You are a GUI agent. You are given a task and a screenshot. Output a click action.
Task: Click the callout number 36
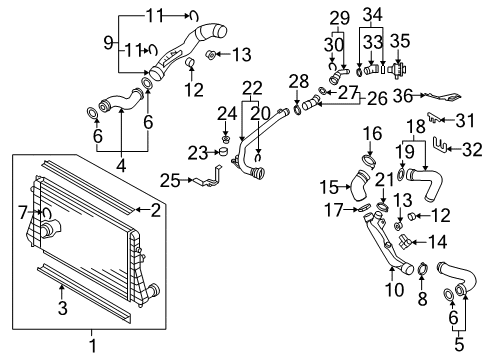coord(403,96)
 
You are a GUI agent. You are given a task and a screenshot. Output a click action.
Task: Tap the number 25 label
coord(170,181)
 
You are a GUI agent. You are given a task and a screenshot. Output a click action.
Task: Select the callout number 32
coord(472,149)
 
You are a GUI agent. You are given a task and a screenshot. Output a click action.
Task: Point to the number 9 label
coord(108,43)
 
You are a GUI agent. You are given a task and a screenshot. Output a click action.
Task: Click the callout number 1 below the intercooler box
coord(93,345)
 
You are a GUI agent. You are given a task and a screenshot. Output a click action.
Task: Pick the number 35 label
coord(400,41)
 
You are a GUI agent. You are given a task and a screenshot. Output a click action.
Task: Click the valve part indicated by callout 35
coord(399,70)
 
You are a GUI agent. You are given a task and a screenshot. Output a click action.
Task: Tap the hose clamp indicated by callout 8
coord(423,269)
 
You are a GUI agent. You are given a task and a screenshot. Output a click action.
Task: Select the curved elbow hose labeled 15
coord(359,185)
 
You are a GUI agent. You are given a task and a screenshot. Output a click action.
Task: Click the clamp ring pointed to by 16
coord(369,161)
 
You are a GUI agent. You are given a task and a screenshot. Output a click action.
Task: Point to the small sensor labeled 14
coord(404,241)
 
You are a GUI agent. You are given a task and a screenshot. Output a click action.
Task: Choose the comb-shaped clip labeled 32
coord(441,144)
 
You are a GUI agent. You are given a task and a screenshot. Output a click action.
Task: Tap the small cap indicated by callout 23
coord(223,152)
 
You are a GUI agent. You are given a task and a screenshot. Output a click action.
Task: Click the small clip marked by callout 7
coord(46,212)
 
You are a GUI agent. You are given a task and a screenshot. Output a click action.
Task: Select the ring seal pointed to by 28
coord(297,108)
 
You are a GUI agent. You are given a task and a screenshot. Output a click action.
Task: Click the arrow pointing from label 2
coord(142,209)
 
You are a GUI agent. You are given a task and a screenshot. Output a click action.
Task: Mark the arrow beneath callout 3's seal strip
coord(61,292)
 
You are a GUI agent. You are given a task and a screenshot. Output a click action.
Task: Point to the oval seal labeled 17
coord(364,208)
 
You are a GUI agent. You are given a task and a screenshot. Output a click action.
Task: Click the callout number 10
coord(395,290)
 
